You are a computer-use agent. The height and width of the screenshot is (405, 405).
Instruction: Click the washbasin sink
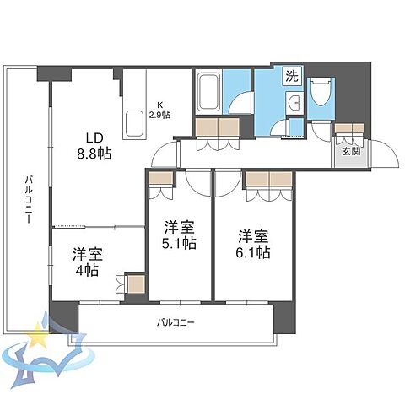[294, 104]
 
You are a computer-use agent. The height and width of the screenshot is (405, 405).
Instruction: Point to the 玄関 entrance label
[351, 151]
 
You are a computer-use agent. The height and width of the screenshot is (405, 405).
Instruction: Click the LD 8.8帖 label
[94, 146]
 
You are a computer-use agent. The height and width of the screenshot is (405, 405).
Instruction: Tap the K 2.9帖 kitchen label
[159, 110]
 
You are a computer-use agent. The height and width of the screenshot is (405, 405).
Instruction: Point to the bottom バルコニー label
[177, 322]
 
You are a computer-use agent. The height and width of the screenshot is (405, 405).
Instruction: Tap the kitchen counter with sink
[135, 125]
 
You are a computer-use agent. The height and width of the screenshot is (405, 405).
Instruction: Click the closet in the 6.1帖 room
[269, 179]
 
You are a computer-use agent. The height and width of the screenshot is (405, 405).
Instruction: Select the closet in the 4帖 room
[134, 283]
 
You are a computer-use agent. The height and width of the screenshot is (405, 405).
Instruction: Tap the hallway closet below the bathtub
[218, 127]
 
